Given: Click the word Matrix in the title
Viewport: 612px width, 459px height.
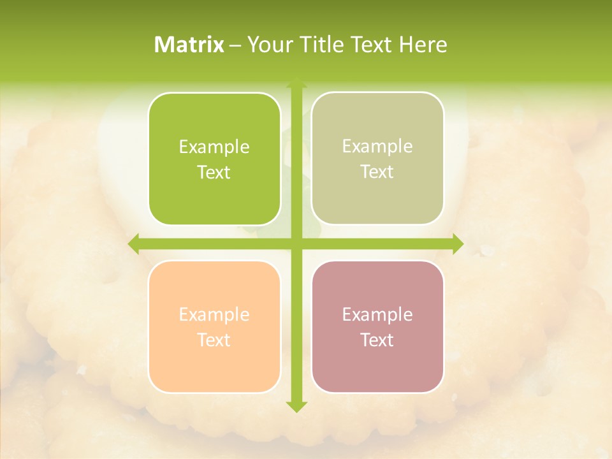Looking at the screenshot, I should [x=189, y=45].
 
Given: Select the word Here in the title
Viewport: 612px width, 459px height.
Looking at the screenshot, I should [x=423, y=45].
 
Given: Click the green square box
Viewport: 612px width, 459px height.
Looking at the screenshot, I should [x=214, y=159].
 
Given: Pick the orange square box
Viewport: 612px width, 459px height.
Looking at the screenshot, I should [x=214, y=326].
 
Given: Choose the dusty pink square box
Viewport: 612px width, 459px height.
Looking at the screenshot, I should [x=377, y=326].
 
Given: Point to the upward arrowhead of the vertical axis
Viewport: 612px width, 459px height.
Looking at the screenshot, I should [x=296, y=84].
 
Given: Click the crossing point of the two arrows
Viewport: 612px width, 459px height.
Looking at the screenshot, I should [x=296, y=244].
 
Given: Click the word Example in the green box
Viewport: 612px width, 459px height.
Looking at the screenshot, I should [x=214, y=147].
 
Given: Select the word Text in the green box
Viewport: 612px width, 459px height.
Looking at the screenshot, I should [x=214, y=172].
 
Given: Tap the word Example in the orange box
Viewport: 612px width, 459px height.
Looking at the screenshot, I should [x=214, y=315].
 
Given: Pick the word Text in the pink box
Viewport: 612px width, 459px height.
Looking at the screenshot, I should [x=377, y=340].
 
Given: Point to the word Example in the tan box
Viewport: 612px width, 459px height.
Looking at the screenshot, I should [x=377, y=147].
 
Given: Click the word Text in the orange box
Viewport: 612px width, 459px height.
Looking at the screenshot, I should [x=214, y=340].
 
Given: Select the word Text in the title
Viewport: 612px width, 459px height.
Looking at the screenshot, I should [x=374, y=45].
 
